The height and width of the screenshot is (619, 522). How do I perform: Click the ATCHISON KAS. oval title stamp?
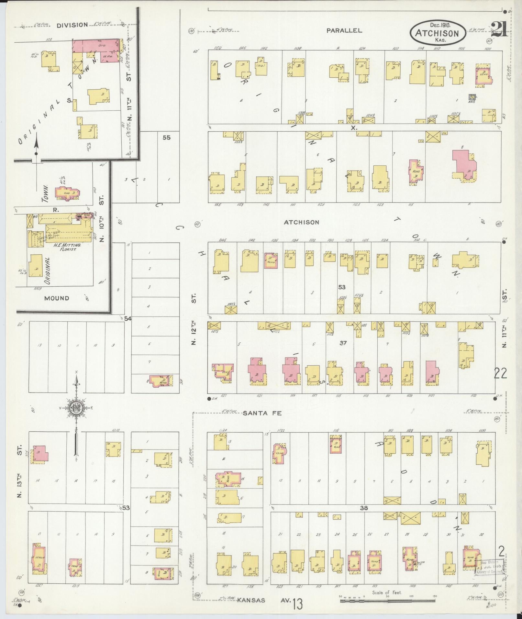pyautogui.click(x=437, y=33)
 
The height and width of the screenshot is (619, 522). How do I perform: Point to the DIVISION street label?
pyautogui.click(x=72, y=25)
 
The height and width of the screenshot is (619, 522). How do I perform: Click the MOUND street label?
pyautogui.click(x=57, y=298)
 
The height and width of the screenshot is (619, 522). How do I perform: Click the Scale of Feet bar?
pyautogui.click(x=388, y=600)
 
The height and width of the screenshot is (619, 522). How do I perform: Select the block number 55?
pyautogui.click(x=166, y=138)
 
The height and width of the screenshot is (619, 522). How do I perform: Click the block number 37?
pyautogui.click(x=343, y=343)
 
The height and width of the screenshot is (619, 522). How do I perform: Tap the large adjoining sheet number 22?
pyautogui.click(x=500, y=374)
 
